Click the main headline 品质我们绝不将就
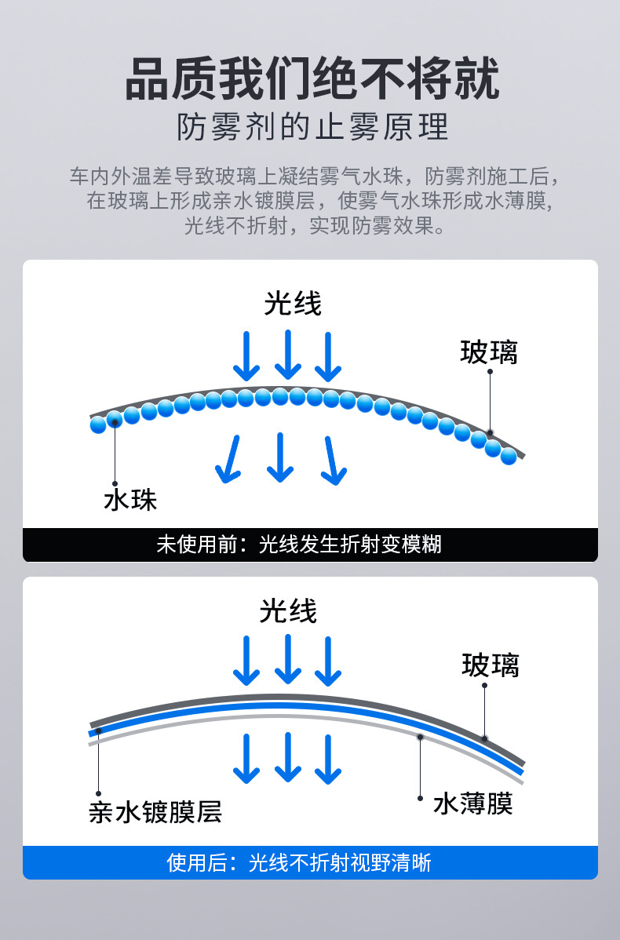point(312,79)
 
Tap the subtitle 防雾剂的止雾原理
point(312,127)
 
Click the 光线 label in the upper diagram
point(293,303)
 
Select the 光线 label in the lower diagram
point(288,611)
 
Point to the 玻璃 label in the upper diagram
point(489,352)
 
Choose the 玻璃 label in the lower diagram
point(491,665)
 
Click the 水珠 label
point(130,500)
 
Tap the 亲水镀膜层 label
point(155,811)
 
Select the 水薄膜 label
point(472,803)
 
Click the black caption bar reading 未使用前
point(310,545)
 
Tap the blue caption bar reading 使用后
point(310,863)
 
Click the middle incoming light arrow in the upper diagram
point(288,355)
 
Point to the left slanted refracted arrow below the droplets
point(229,458)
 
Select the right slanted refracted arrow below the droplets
point(334,460)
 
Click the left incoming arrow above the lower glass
point(247,661)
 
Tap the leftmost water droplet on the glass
point(98,424)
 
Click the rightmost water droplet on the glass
point(509,456)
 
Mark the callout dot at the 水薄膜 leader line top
point(421,738)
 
